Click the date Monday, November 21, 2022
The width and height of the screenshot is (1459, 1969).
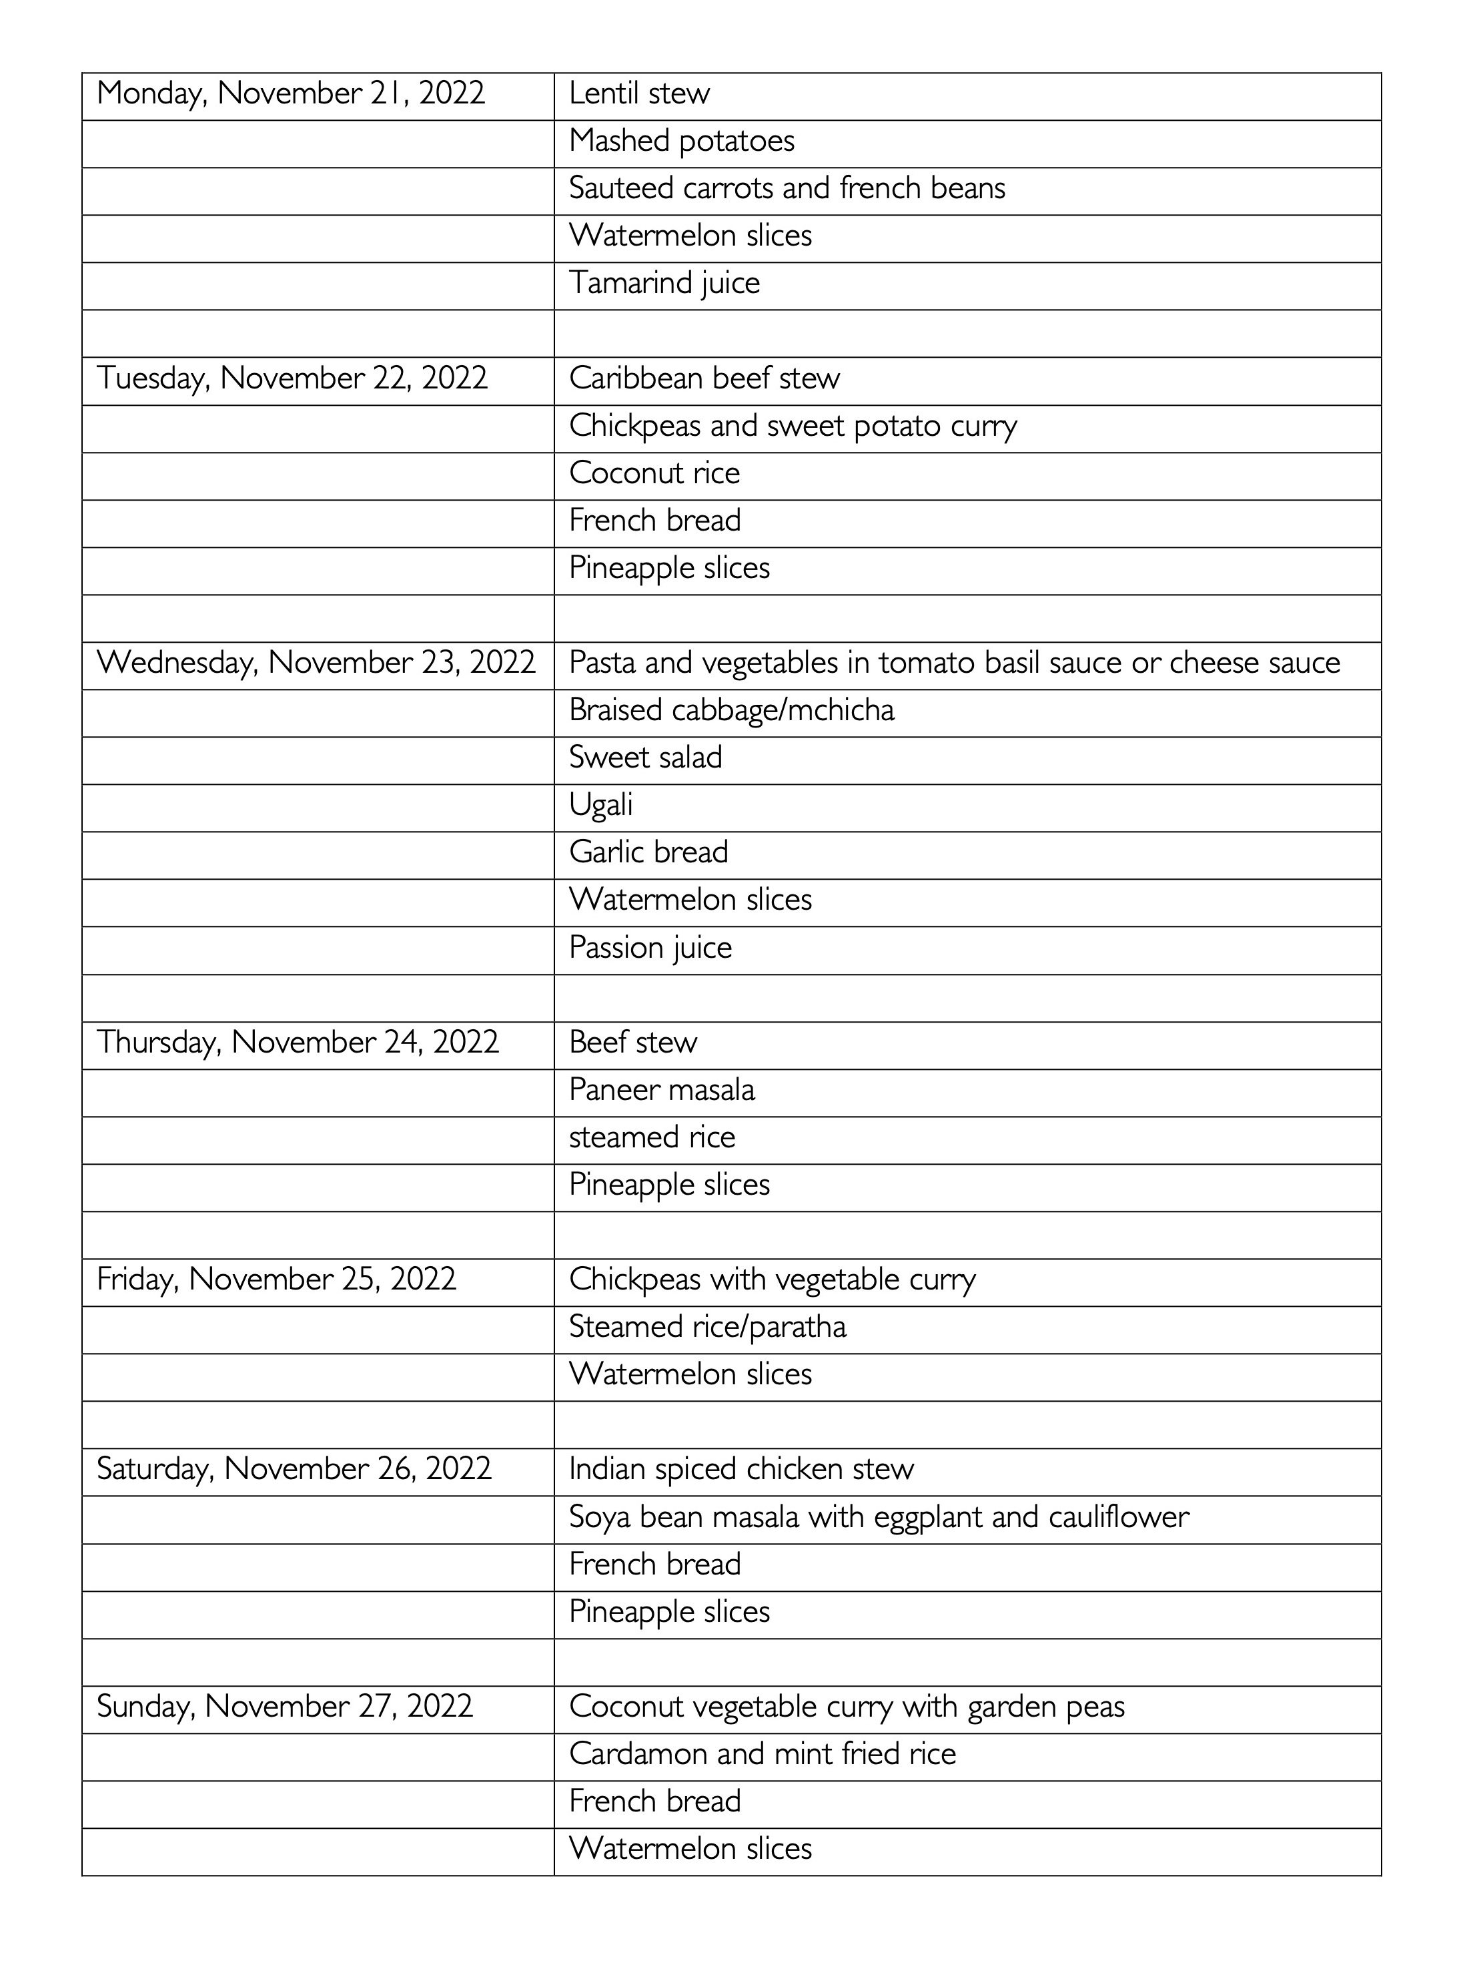(291, 93)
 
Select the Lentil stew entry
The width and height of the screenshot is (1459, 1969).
(638, 93)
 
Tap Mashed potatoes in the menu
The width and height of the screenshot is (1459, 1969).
(681, 142)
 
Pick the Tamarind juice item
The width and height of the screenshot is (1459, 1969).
(664, 284)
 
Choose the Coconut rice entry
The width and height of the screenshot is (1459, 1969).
(654, 473)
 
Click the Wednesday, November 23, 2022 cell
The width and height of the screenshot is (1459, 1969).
(316, 663)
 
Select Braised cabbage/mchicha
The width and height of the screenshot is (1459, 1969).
(731, 710)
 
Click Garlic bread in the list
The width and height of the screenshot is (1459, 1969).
(648, 852)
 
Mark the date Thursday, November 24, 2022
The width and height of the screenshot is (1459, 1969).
(298, 1043)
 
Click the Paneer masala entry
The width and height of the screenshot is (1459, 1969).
(662, 1090)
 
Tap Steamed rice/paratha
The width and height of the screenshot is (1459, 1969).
(707, 1327)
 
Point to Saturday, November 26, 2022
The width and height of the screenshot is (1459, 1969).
(294, 1469)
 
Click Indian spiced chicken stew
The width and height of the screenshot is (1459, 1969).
(741, 1469)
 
